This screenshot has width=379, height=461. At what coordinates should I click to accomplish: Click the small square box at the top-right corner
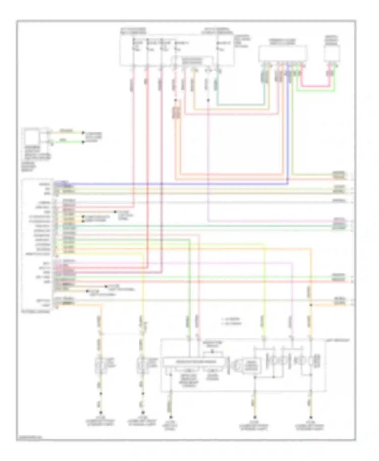point(332,53)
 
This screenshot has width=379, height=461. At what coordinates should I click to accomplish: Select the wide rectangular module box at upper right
point(282,53)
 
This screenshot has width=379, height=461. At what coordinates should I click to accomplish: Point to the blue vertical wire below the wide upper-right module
point(288,126)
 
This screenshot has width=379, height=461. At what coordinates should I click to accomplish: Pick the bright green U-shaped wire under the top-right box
point(316,90)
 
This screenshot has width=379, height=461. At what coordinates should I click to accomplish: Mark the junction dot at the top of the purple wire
point(208,100)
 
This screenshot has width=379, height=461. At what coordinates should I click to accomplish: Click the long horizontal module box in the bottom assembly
point(194,362)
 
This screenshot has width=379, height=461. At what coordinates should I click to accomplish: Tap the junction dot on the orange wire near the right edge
point(311,305)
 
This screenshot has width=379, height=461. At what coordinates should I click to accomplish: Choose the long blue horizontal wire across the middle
point(177,184)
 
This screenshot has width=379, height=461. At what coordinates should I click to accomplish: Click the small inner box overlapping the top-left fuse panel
point(193,61)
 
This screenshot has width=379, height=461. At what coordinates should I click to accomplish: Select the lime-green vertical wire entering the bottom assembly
point(265,290)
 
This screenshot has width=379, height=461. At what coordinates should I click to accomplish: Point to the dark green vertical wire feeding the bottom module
point(189,290)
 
